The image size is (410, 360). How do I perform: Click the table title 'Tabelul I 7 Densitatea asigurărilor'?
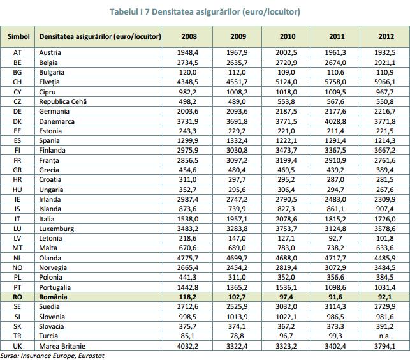pyautogui.click(x=175, y=11)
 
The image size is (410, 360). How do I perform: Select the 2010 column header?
pyautogui.click(x=288, y=36)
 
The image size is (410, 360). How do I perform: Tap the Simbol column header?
pyautogui.click(x=18, y=36)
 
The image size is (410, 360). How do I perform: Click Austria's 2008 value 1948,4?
pyautogui.click(x=187, y=52)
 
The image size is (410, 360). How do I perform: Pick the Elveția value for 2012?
pyautogui.click(x=384, y=82)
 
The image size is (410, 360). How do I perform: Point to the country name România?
pyautogui.click(x=53, y=297)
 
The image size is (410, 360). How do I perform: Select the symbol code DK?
pyautogui.click(x=17, y=121)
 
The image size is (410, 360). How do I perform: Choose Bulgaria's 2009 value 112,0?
pyautogui.click(x=237, y=72)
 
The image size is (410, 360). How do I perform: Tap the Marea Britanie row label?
pyautogui.click(x=62, y=346)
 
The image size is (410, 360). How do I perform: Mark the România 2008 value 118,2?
pyautogui.click(x=187, y=297)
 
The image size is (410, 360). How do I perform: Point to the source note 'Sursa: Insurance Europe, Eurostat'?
pyautogui.click(x=52, y=356)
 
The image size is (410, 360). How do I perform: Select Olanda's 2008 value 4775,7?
pyautogui.click(x=187, y=258)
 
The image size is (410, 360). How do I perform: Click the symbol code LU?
pyautogui.click(x=17, y=229)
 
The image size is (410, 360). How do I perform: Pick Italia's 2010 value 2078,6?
pyautogui.click(x=286, y=219)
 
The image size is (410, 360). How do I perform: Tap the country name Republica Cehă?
pyautogui.click(x=62, y=101)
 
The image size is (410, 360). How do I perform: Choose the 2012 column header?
pyautogui.click(x=386, y=36)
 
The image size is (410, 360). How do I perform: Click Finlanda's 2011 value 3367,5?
pyautogui.click(x=335, y=150)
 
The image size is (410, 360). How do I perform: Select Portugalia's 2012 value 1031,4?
pyautogui.click(x=384, y=287)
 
